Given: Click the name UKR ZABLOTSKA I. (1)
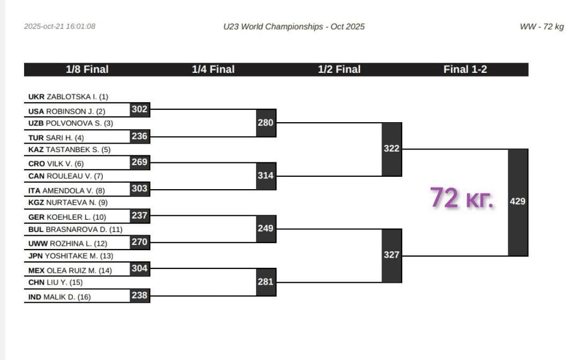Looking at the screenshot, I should [68, 97].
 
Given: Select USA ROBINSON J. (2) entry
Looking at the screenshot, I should [67, 111].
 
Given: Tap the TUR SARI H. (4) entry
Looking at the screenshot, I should [56, 138].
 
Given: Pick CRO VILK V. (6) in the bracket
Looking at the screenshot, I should [56, 164].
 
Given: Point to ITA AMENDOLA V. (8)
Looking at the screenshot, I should [66, 190].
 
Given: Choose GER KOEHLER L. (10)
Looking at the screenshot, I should [67, 217].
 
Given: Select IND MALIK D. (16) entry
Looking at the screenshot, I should [59, 297].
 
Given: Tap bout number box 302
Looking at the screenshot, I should [139, 109].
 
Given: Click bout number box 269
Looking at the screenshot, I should [139, 162].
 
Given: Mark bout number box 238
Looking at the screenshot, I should [139, 295].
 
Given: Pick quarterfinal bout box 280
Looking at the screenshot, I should [265, 123].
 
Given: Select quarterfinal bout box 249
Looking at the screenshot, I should [265, 229].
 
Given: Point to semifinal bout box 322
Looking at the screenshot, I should [392, 149].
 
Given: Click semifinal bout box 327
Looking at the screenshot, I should [392, 255].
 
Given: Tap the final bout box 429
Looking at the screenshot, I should [517, 202].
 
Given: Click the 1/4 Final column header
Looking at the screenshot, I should [213, 70].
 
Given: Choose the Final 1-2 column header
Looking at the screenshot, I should [465, 70].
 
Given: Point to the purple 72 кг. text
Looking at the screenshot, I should [462, 198].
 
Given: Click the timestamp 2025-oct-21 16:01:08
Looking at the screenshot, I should [59, 26].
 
